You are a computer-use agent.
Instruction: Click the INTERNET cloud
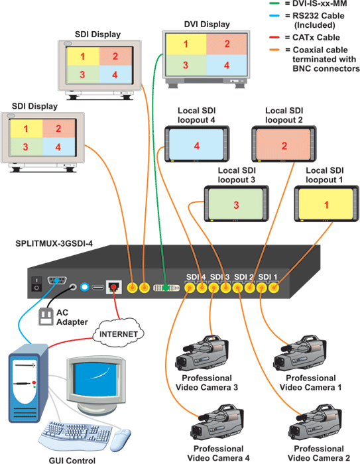pyautogui.click(x=119, y=333)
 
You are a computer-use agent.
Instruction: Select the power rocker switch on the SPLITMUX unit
pyautogui.click(x=36, y=284)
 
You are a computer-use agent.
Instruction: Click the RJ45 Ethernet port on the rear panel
pyautogui.click(x=113, y=287)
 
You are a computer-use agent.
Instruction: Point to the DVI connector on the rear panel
pyautogui.click(x=166, y=288)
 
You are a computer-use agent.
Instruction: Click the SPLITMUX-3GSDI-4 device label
pyautogui.click(x=54, y=243)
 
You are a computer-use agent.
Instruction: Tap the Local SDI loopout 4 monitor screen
pyautogui.click(x=196, y=144)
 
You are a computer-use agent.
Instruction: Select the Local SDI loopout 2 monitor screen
pyautogui.click(x=284, y=144)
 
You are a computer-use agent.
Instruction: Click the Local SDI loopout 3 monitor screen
pyautogui.click(x=236, y=204)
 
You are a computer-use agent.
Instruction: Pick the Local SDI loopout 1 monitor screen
pyautogui.click(x=326, y=204)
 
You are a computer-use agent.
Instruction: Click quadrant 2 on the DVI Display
pyautogui.click(x=227, y=44)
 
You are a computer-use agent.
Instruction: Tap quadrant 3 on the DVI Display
pyautogui.click(x=186, y=65)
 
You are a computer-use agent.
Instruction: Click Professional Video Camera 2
pyautogui.click(x=315, y=424)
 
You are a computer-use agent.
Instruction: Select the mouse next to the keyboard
pyautogui.click(x=121, y=439)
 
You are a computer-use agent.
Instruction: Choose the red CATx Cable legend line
pyautogui.click(x=274, y=37)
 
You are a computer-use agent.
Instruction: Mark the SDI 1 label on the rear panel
pyautogui.click(x=268, y=276)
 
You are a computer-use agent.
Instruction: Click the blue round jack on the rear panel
pyautogui.click(x=85, y=287)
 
